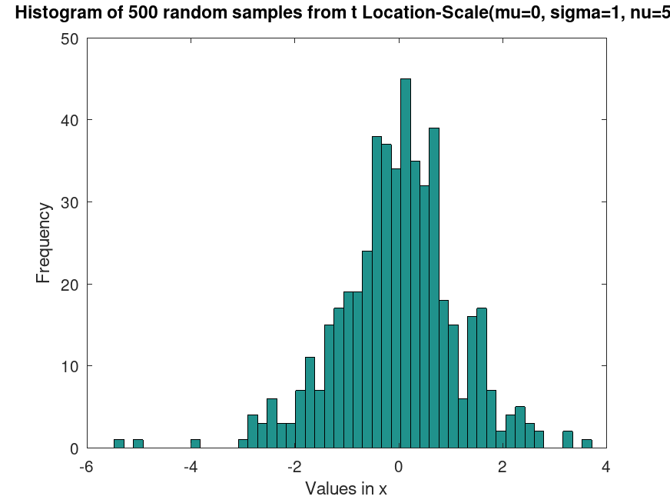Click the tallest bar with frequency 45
406,263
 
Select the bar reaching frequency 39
434,288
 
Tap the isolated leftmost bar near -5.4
119,444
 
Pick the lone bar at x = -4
195,444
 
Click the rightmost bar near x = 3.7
587,444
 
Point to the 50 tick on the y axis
70,38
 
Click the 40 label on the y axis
70,120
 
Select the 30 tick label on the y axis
70,202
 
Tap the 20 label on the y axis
70,284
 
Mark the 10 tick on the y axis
70,366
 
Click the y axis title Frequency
44,243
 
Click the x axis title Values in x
346,488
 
